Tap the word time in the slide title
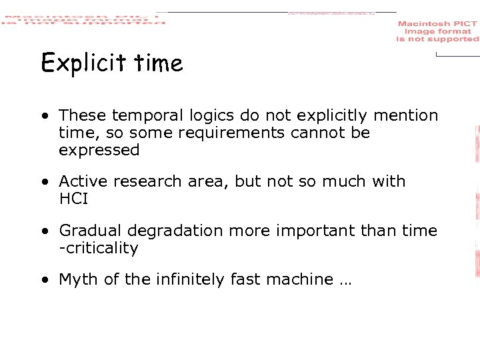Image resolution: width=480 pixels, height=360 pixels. tap(158, 63)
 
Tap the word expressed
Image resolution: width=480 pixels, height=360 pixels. tap(99, 151)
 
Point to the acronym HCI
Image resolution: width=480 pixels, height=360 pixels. tap(73, 199)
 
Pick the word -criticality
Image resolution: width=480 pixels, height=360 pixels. tap(99, 248)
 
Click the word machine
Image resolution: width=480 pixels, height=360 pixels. tap(300, 279)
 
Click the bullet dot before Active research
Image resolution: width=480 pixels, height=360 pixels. tap(43, 182)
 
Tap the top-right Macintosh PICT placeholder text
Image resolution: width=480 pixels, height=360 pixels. tap(437, 31)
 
